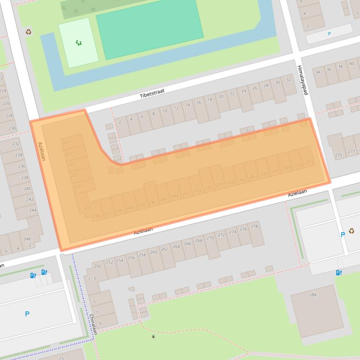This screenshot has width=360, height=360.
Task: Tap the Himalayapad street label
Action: pos(302,80)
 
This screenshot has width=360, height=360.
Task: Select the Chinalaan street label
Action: pos(93,324)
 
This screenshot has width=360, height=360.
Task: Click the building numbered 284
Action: pos(313,295)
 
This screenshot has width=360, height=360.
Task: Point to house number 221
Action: pos(66,142)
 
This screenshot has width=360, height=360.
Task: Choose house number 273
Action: pos(310,162)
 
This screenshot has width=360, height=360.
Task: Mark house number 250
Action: pos(97,266)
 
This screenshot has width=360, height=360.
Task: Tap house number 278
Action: pos(254,226)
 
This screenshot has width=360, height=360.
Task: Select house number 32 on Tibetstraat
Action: pos(289,79)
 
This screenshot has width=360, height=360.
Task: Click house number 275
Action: pos(338,155)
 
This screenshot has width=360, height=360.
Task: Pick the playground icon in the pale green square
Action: pos(79,43)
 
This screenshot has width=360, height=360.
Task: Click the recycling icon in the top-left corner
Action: pos(29,32)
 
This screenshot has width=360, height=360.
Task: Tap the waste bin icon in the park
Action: pos(153,336)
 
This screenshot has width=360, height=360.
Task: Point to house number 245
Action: pos(152,202)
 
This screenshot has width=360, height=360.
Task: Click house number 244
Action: pos(32,210)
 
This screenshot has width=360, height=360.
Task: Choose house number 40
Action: pos(352,64)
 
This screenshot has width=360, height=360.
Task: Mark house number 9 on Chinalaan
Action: pos(101,323)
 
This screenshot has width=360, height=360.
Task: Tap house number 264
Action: pos(176,246)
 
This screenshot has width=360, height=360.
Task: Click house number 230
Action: pos(12,128)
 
